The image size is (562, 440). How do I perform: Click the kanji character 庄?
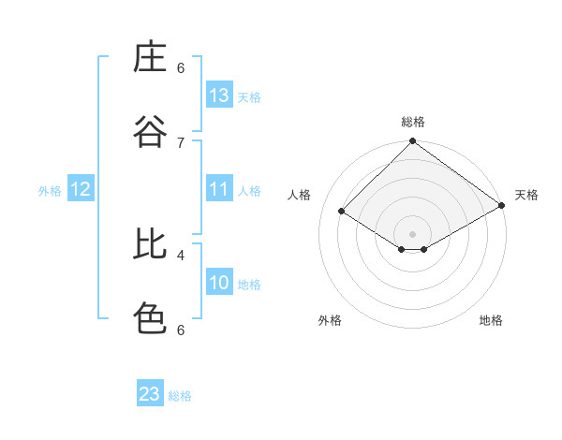click(x=150, y=57)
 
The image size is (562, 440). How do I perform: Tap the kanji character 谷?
click(x=150, y=131)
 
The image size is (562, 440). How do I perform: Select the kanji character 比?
click(x=150, y=244)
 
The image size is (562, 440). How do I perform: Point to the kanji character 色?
click(x=150, y=318)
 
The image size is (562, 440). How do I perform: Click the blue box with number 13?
click(x=219, y=95)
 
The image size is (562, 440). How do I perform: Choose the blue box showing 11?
click(x=219, y=189)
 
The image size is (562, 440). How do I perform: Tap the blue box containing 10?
click(x=219, y=283)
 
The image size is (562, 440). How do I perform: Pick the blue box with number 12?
click(x=81, y=189)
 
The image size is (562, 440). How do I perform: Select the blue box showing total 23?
click(x=150, y=394)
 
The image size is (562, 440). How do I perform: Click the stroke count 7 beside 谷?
click(x=181, y=142)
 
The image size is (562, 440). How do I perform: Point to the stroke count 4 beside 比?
click(x=181, y=254)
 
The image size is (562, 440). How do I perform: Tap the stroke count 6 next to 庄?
click(x=181, y=67)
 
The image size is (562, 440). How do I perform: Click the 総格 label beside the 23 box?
click(x=180, y=396)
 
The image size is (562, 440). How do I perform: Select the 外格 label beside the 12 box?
click(x=50, y=191)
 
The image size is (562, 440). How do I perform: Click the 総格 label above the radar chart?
click(x=412, y=122)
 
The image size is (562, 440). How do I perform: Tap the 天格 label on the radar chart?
click(x=526, y=195)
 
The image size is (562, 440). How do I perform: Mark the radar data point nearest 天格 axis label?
click(x=503, y=205)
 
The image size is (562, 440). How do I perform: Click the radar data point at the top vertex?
click(x=412, y=142)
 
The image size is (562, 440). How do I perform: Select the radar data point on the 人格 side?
click(x=342, y=212)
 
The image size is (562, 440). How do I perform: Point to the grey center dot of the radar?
click(x=412, y=233)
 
